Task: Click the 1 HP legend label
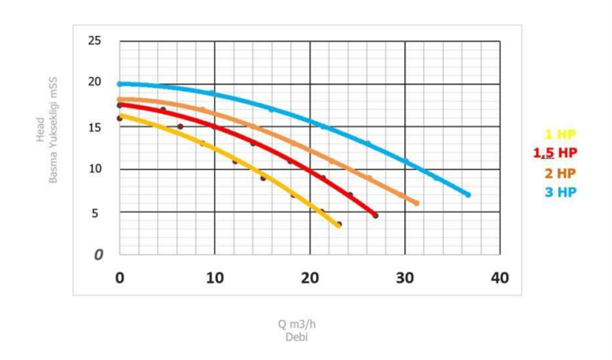tap(560, 135)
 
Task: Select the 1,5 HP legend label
tap(555, 152)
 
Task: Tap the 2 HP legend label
tap(560, 173)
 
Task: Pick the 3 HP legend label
tap(560, 192)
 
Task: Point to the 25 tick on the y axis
tap(95, 41)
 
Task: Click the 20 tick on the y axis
tap(95, 82)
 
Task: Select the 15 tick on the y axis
tap(95, 126)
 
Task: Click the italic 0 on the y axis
tap(98, 255)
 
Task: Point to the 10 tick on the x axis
tap(215, 278)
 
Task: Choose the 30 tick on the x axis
tap(405, 278)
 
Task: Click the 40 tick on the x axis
tap(500, 278)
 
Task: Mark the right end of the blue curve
tap(468, 195)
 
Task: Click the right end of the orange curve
tap(417, 203)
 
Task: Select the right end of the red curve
tap(375, 216)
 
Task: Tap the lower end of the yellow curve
tap(338, 225)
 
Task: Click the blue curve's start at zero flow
tap(120, 84)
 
